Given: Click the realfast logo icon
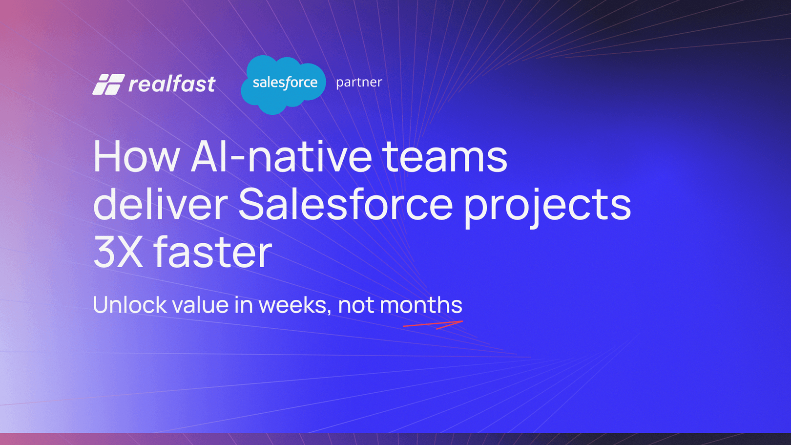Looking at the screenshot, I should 108,85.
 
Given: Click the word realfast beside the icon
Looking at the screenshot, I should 172,84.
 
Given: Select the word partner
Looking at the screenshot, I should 359,82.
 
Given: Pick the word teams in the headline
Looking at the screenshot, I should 445,157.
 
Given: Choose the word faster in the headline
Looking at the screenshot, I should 212,252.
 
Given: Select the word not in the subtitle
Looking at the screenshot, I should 356,305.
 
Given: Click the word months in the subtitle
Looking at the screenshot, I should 421,305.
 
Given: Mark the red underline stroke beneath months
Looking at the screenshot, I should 432,324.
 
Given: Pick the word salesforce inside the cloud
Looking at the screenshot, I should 285,82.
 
